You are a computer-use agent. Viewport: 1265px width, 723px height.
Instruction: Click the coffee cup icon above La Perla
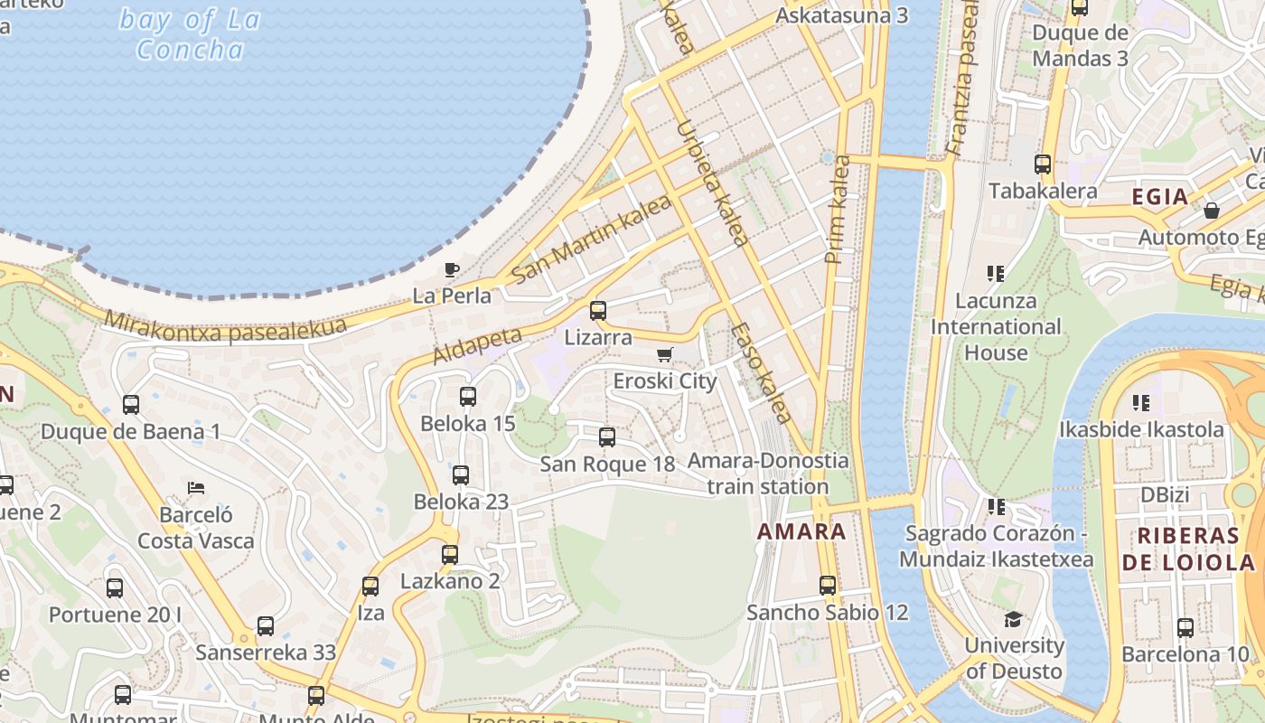tap(452, 269)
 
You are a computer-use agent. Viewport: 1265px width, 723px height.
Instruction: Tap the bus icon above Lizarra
tap(598, 311)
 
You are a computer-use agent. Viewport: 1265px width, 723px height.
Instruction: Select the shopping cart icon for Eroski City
tap(665, 354)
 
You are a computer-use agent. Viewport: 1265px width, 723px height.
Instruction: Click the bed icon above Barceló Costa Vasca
tap(196, 488)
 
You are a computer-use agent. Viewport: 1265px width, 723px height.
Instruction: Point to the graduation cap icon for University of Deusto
tap(1014, 620)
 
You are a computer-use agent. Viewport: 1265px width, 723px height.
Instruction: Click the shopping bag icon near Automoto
tap(1212, 211)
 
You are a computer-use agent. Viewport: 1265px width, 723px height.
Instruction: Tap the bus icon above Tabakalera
tap(1043, 164)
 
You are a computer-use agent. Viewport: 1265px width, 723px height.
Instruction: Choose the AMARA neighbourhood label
tap(801, 531)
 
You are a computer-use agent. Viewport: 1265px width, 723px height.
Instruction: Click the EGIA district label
tap(1159, 196)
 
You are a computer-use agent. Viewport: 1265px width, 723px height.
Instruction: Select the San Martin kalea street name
tap(591, 239)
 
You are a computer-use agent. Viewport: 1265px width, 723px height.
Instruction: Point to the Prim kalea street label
tap(838, 210)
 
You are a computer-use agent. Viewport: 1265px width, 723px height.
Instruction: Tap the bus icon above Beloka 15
tap(468, 397)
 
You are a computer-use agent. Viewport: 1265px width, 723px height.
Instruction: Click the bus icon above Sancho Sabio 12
tap(828, 586)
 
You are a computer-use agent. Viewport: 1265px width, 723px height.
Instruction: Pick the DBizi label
tap(1165, 495)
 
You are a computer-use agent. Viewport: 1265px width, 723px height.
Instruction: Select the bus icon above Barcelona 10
tap(1185, 627)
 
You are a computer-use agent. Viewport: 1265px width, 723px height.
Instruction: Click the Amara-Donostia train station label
tap(768, 474)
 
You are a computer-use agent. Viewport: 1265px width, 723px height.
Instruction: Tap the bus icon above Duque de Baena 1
tap(131, 405)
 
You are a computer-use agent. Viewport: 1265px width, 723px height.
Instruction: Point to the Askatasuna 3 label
tap(841, 15)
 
